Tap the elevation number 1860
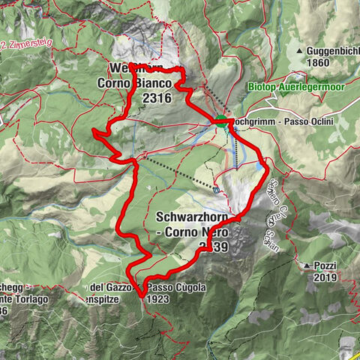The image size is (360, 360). tap(318, 62)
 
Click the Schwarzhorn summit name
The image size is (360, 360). tap(190, 217)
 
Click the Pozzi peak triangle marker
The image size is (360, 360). tap(307, 265)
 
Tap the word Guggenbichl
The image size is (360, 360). tap(330, 51)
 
